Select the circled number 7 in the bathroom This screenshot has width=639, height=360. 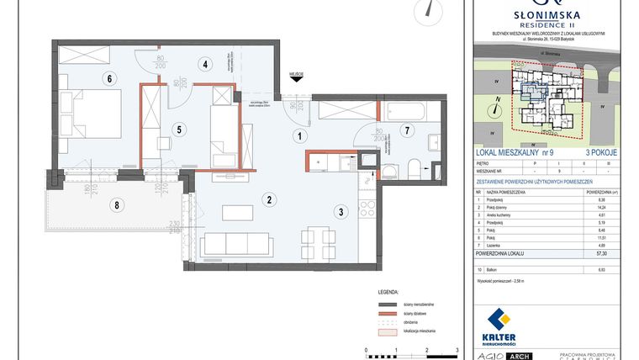(405, 130)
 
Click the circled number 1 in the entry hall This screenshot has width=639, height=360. (297, 135)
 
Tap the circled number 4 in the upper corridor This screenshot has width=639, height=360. (203, 63)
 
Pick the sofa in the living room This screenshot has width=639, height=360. (239, 244)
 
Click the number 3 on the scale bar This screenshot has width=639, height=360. (456, 348)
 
